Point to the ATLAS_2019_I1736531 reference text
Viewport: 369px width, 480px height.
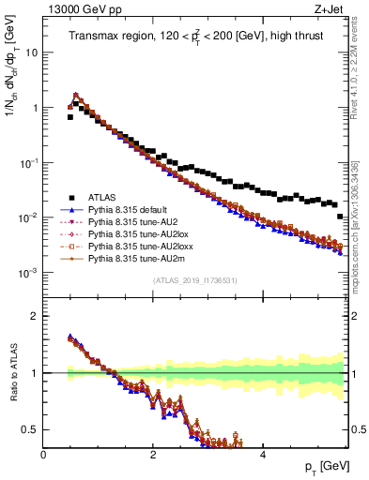(194, 280)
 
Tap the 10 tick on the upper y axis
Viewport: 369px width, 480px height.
(31, 52)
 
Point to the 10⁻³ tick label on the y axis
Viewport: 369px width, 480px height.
(28, 273)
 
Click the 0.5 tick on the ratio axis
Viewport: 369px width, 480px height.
(30, 429)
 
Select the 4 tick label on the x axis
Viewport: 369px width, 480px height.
(262, 454)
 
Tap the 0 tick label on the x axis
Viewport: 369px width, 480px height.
(43, 454)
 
